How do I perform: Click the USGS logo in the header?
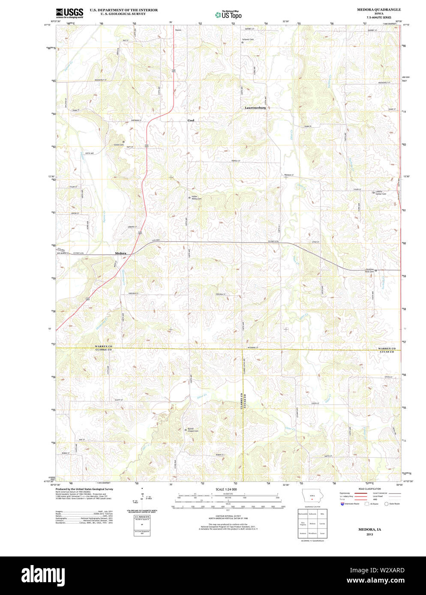(69, 12)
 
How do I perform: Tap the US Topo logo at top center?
(228, 15)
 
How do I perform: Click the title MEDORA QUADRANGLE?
(379, 9)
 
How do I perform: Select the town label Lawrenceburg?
(255, 108)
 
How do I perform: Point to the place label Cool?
(191, 120)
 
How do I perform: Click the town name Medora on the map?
(120, 253)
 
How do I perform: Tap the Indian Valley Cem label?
(196, 198)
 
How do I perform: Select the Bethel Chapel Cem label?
(193, 430)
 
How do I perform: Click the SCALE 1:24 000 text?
(226, 489)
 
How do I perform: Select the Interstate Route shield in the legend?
(342, 504)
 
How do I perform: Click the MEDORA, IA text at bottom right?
(369, 530)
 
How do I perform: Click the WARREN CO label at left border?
(103, 346)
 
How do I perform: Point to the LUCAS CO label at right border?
(386, 352)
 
